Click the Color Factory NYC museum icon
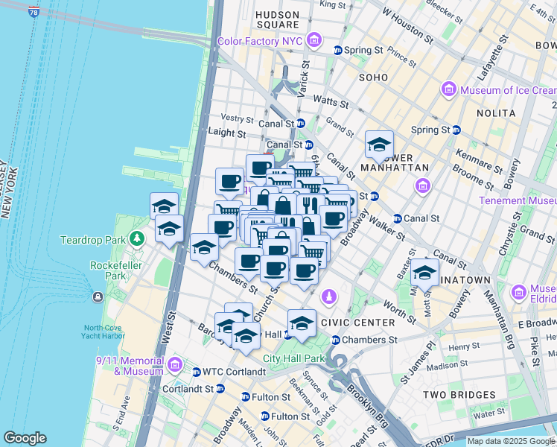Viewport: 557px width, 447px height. pos(313,39)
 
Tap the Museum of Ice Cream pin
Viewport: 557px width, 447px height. pos(448,91)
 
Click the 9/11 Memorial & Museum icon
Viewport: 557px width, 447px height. pos(174,364)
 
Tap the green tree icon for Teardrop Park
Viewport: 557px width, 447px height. pos(136,239)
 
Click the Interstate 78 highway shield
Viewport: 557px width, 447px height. pos(34,12)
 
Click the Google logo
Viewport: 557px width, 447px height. pos(25,438)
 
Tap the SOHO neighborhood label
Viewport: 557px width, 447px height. pos(375,77)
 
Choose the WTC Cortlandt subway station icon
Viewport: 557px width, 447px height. pos(196,372)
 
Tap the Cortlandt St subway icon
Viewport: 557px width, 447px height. pos(220,388)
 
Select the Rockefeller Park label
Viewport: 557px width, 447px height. pos(111,270)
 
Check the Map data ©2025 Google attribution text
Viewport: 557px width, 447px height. pos(511,441)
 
